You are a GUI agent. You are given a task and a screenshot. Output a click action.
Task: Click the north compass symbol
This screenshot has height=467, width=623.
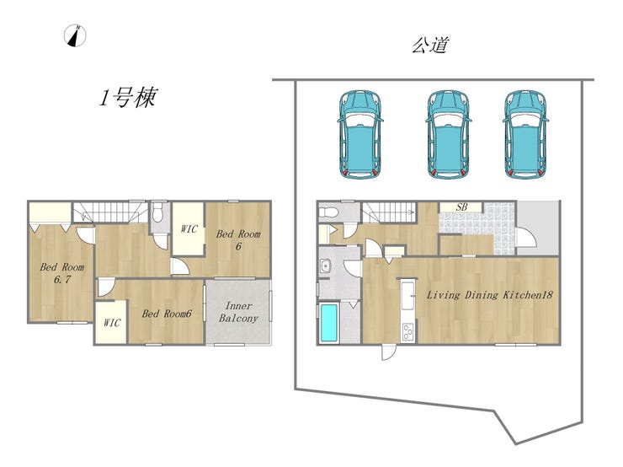click(x=75, y=35)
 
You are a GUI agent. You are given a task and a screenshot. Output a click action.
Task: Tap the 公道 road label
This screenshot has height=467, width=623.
click(x=430, y=46)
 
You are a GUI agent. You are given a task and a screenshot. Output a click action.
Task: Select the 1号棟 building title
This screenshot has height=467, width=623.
click(x=128, y=98)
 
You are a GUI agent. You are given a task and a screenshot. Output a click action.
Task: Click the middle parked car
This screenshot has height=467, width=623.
click(x=448, y=134)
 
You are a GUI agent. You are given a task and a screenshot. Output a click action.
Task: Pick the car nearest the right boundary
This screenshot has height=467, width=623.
click(x=525, y=134)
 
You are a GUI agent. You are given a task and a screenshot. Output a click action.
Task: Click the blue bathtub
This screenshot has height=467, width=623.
click(x=329, y=323)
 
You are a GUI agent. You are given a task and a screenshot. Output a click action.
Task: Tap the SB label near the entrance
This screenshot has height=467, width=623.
click(x=461, y=207)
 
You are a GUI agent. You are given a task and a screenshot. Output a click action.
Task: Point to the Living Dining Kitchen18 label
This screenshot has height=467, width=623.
click(x=489, y=295)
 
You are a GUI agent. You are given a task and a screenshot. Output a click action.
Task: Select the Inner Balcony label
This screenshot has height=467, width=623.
click(x=238, y=312)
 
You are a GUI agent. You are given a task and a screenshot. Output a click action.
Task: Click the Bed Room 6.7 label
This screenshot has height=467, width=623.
click(x=62, y=273)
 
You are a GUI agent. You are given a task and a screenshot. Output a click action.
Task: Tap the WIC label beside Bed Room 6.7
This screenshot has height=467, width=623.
click(x=112, y=323)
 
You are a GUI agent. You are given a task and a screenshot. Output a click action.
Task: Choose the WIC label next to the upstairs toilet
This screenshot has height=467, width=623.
click(x=189, y=229)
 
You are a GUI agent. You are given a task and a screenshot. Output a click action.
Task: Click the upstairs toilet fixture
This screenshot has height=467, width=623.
click(x=158, y=212)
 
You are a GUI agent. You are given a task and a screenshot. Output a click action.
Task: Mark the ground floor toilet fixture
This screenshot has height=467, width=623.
click(x=328, y=212)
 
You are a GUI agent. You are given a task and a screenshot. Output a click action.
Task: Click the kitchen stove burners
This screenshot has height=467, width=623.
click(x=408, y=331)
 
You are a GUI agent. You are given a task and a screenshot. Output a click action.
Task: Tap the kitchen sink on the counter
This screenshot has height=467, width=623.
click(x=408, y=296)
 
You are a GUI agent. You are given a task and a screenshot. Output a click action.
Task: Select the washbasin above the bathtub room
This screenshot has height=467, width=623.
click(x=326, y=266)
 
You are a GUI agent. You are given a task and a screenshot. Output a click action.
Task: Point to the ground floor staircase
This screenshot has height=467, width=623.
click(x=389, y=212)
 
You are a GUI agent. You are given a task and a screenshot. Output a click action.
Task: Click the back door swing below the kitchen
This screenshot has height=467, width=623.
click(x=389, y=352)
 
